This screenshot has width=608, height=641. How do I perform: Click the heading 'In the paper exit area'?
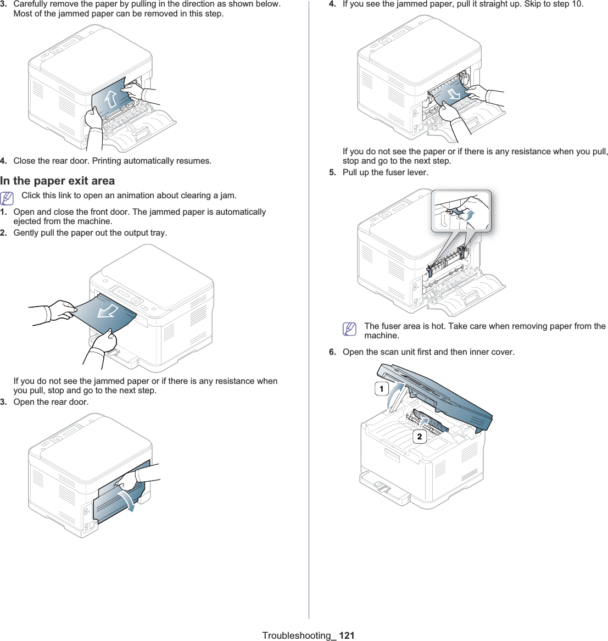point(58,181)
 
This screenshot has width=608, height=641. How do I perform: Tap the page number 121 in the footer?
point(347,635)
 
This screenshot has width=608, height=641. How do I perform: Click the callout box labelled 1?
point(381,389)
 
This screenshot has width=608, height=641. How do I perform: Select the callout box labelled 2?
point(420,437)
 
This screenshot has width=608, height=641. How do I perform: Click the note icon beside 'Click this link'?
point(7,198)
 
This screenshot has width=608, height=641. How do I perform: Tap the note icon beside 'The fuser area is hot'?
point(349,328)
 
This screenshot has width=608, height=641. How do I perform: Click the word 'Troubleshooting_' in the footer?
point(299,635)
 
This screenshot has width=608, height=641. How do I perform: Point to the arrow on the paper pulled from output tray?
point(108,313)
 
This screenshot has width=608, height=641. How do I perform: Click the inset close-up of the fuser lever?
point(461,211)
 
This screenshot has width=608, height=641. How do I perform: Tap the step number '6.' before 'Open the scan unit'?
point(333,352)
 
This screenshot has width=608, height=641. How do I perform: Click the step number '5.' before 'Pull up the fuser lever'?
point(333,172)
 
